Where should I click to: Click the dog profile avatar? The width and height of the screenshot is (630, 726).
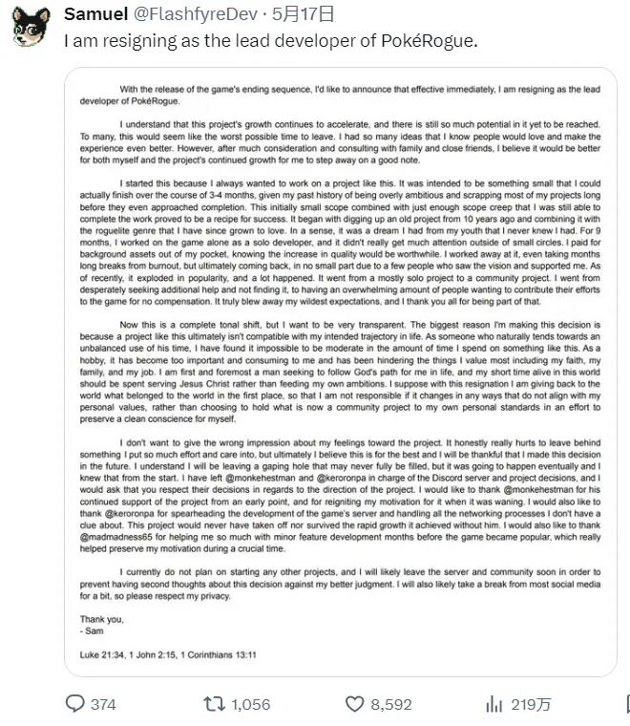(31, 27)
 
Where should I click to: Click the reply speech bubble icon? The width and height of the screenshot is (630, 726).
(75, 704)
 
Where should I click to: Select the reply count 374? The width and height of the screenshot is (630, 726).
(103, 705)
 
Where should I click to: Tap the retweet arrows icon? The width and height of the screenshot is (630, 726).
(215, 704)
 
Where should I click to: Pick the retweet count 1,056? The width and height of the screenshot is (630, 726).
(251, 705)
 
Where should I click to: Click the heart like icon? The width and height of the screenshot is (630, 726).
(354, 704)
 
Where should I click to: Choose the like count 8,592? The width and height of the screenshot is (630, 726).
(391, 705)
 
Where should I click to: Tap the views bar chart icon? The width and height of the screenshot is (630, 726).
(493, 704)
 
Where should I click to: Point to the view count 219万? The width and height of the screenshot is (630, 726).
(532, 705)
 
